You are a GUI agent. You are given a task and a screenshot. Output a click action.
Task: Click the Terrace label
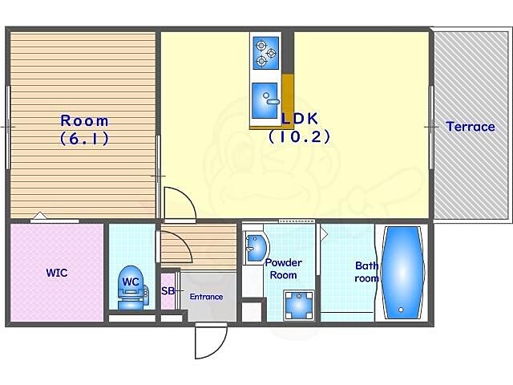(471, 127)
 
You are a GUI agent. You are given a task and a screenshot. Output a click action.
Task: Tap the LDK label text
(300, 118)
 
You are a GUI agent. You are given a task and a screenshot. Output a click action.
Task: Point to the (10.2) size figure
(299, 136)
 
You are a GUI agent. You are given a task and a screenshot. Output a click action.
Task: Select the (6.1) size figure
(84, 139)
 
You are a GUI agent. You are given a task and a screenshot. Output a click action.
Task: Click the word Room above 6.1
(84, 121)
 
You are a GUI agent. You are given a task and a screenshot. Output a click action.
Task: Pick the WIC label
(57, 273)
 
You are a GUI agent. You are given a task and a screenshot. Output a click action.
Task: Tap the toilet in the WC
(131, 287)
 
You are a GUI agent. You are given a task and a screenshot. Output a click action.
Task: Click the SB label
(168, 290)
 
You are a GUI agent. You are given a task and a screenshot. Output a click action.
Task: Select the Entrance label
(207, 297)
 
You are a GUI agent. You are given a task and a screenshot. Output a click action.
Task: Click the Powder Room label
(283, 269)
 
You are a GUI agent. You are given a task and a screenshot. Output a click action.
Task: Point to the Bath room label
(367, 272)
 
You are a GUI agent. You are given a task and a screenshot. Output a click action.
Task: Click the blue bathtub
(402, 273)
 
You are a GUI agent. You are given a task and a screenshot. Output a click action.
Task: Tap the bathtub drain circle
(401, 310)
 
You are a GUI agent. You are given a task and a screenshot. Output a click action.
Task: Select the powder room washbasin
(257, 248)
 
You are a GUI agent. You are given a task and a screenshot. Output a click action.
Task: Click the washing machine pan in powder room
(299, 305)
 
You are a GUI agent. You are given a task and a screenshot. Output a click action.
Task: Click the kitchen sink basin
(265, 100)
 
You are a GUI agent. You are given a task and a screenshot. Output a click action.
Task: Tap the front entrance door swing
(211, 340)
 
